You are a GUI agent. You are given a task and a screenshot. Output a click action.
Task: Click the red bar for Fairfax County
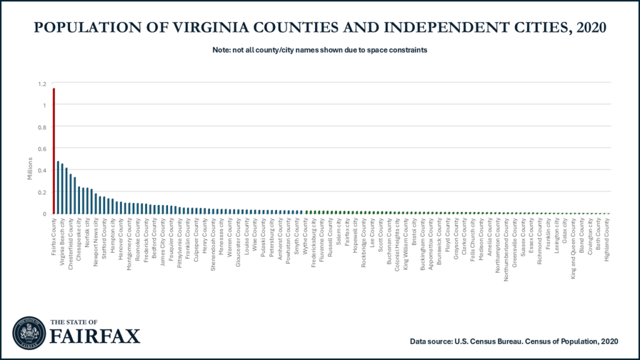[x=54, y=151]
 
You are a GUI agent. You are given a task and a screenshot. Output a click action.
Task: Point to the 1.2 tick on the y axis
[x=42, y=84]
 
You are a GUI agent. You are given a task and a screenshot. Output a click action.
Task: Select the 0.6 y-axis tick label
[x=42, y=149]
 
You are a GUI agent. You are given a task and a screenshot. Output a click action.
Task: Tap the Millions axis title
[x=29, y=169]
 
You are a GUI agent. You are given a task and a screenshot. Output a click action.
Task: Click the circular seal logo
[x=27, y=331]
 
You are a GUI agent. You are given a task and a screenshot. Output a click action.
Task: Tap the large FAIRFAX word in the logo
[x=95, y=336]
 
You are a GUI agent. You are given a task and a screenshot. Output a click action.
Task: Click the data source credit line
[x=514, y=341]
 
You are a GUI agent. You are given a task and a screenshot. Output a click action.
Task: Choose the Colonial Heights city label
[x=397, y=243]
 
